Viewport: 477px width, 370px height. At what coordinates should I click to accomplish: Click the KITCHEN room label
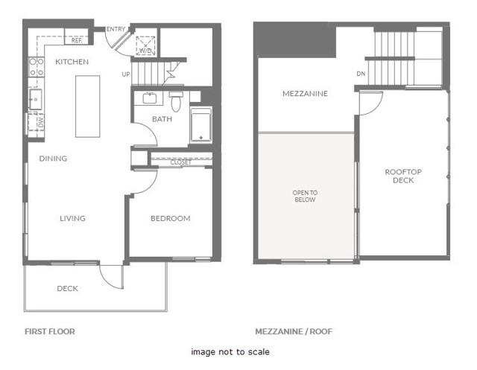click(x=72, y=62)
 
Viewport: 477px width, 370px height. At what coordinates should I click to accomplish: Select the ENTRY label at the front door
click(x=116, y=29)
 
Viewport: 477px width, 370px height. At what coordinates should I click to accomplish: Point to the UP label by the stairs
click(x=127, y=74)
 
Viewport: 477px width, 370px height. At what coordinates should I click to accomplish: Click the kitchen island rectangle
click(x=87, y=105)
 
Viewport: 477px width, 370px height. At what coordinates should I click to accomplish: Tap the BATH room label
click(x=162, y=119)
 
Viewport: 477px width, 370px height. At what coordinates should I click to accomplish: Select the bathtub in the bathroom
click(x=201, y=125)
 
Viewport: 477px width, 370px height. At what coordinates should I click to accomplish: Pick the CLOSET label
click(x=180, y=162)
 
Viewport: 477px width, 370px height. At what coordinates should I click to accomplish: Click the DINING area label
click(x=53, y=159)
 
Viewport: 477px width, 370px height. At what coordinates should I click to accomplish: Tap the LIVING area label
click(x=72, y=218)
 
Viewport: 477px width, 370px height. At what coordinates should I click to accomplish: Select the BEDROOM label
click(x=170, y=218)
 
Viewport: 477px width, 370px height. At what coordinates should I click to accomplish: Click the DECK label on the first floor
click(x=68, y=288)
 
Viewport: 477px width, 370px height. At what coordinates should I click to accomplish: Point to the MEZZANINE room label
click(x=306, y=95)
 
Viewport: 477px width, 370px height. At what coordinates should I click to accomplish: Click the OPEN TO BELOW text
click(x=304, y=196)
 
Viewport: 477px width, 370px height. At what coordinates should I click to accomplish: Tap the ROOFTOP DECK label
click(x=403, y=176)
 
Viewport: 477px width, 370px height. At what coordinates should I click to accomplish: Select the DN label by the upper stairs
click(x=361, y=74)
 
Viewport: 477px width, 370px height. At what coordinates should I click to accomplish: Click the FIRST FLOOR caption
click(x=50, y=331)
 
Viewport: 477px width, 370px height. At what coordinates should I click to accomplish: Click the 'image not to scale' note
click(x=230, y=351)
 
